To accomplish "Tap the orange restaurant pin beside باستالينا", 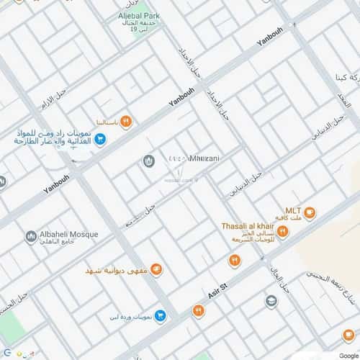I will pos(126,120).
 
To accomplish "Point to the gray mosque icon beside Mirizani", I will pos(149,160).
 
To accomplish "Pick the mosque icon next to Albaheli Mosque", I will pos(30,236).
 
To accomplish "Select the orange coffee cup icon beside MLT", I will pos(310,212).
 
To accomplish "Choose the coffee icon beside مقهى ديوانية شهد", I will pos(156,269).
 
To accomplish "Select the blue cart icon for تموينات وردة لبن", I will pos(161,315).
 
